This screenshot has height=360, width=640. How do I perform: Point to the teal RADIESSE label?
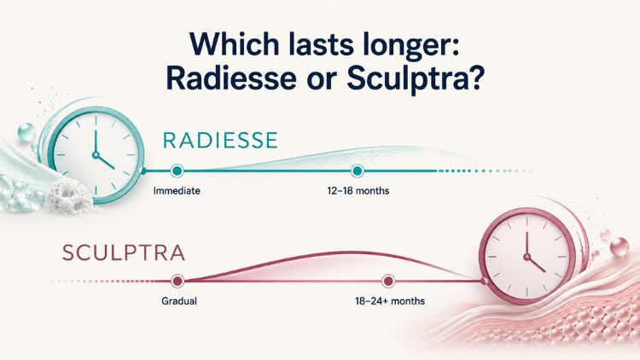220,141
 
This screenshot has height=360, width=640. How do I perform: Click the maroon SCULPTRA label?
123,253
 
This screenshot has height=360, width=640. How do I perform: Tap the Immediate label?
177,190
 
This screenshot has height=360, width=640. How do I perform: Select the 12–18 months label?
358,190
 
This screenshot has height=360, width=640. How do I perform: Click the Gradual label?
179,301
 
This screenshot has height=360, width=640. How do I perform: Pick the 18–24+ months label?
390,301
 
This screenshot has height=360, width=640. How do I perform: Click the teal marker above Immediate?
177,171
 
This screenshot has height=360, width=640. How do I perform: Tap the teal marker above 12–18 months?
358,171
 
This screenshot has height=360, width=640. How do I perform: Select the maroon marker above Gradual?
177,281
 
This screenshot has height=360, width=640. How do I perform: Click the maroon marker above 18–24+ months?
387,281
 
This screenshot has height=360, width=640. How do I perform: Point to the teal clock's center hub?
96,155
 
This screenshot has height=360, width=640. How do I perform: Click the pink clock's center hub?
527,257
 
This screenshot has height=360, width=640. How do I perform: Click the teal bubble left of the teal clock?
26,132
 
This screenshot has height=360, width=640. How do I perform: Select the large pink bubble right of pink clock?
620,247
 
